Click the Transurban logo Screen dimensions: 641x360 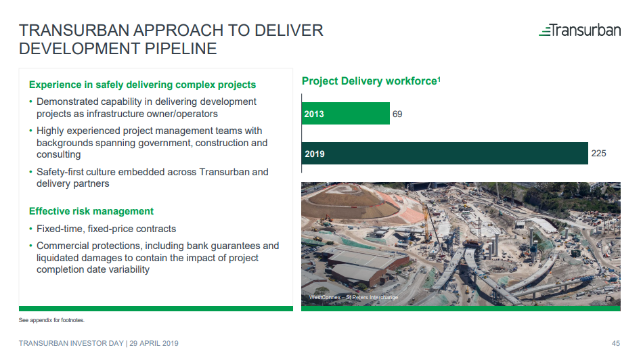579,30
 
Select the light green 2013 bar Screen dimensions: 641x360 345,113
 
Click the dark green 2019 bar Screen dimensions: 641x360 445,153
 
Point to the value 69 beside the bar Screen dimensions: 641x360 397,114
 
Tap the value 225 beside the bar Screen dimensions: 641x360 598,153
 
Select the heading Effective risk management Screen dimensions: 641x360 91,211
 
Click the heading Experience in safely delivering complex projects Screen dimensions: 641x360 142,85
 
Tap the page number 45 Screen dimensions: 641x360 616,343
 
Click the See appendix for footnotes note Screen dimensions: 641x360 51,320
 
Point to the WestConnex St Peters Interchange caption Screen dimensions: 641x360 353,297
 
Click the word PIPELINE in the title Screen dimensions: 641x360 181,49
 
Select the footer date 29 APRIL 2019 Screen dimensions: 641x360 154,343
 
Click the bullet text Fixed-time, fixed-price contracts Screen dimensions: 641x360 106,229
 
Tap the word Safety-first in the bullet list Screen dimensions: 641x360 60,172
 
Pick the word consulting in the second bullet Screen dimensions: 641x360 58,155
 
